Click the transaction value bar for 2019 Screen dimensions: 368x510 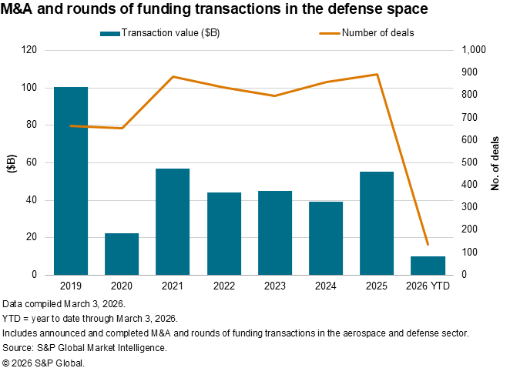click(71, 181)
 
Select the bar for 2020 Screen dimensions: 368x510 click(122, 254)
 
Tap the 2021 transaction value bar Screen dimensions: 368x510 click(173, 222)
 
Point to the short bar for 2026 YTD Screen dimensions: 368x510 click(428, 266)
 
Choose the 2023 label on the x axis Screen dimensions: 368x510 click(275, 286)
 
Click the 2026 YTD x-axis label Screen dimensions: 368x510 click(428, 286)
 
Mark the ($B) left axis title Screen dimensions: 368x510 click(11, 162)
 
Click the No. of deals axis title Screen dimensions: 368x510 click(495, 162)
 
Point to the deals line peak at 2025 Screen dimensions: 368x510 click(377, 75)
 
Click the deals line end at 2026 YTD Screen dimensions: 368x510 click(428, 244)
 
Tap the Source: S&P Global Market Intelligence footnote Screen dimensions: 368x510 click(85, 347)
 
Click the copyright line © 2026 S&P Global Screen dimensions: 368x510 click(44, 361)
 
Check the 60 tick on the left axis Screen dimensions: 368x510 click(32, 162)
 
